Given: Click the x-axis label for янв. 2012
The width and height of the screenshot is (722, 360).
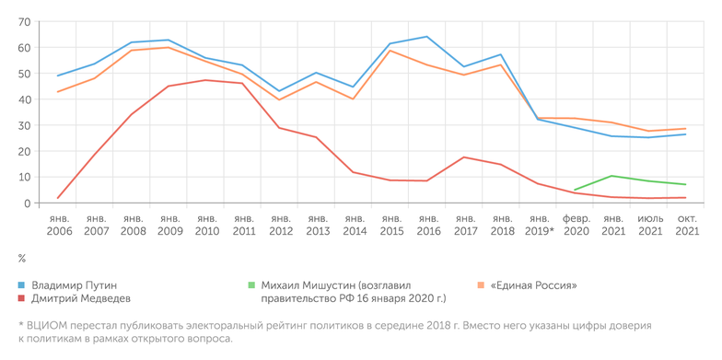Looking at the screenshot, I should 280,226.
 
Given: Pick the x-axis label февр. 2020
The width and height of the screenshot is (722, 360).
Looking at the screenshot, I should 576,226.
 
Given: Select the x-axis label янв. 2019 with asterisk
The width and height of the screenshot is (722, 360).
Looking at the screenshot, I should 540,226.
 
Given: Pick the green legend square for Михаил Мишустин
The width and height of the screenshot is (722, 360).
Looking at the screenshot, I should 251,285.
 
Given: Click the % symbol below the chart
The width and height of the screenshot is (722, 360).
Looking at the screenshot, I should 21,259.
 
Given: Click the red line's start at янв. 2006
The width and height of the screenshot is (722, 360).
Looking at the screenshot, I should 57,198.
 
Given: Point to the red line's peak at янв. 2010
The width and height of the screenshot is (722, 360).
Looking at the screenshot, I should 205,80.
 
